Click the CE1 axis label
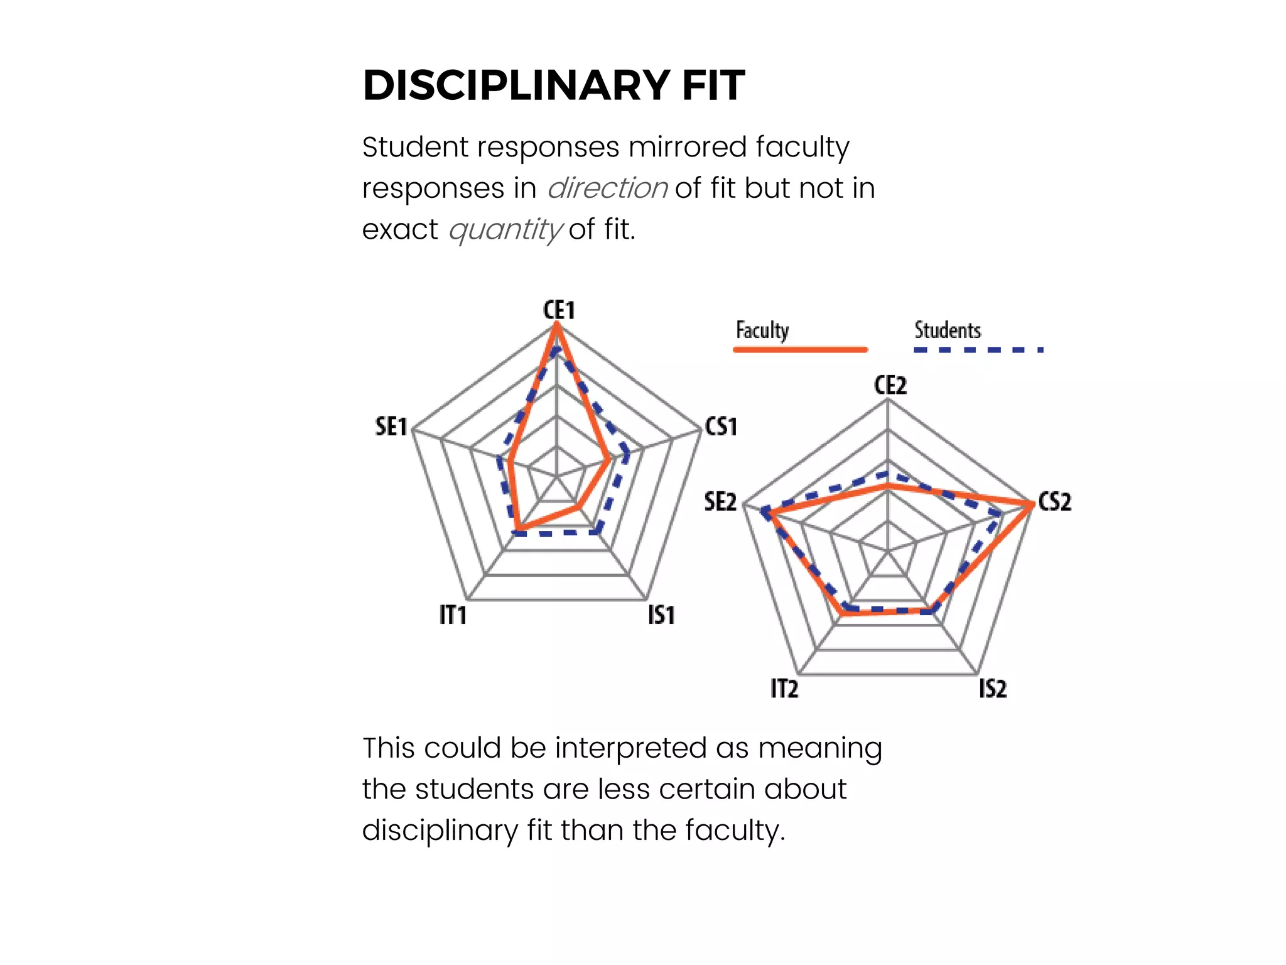coord(559,310)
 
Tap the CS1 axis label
coord(721,427)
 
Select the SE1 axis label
coord(391,427)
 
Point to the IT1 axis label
coord(453,614)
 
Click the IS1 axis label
coord(661,614)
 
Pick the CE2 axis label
coord(890,385)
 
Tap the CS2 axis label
coord(1055,501)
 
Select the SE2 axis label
coord(720,501)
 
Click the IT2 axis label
coord(784,689)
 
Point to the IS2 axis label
coord(993,689)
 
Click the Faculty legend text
coord(762,330)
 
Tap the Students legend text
coord(948,330)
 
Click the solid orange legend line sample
coord(801,349)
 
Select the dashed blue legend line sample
coord(978,349)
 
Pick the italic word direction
coord(607,188)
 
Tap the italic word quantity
coord(505,229)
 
